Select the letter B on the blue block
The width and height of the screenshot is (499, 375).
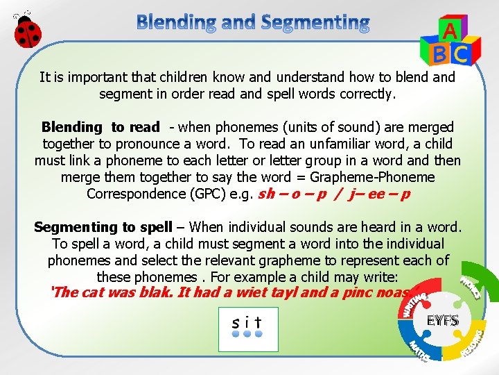point(439,53)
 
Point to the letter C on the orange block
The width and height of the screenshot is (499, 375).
point(460,53)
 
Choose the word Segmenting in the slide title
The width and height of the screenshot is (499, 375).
point(315,23)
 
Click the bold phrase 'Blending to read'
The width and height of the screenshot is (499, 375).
point(100,127)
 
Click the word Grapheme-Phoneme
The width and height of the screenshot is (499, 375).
point(375,177)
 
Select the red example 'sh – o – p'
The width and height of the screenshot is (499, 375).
point(291,194)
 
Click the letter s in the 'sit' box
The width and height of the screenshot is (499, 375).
point(237,322)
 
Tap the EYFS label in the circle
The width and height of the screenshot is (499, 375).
point(443,320)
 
